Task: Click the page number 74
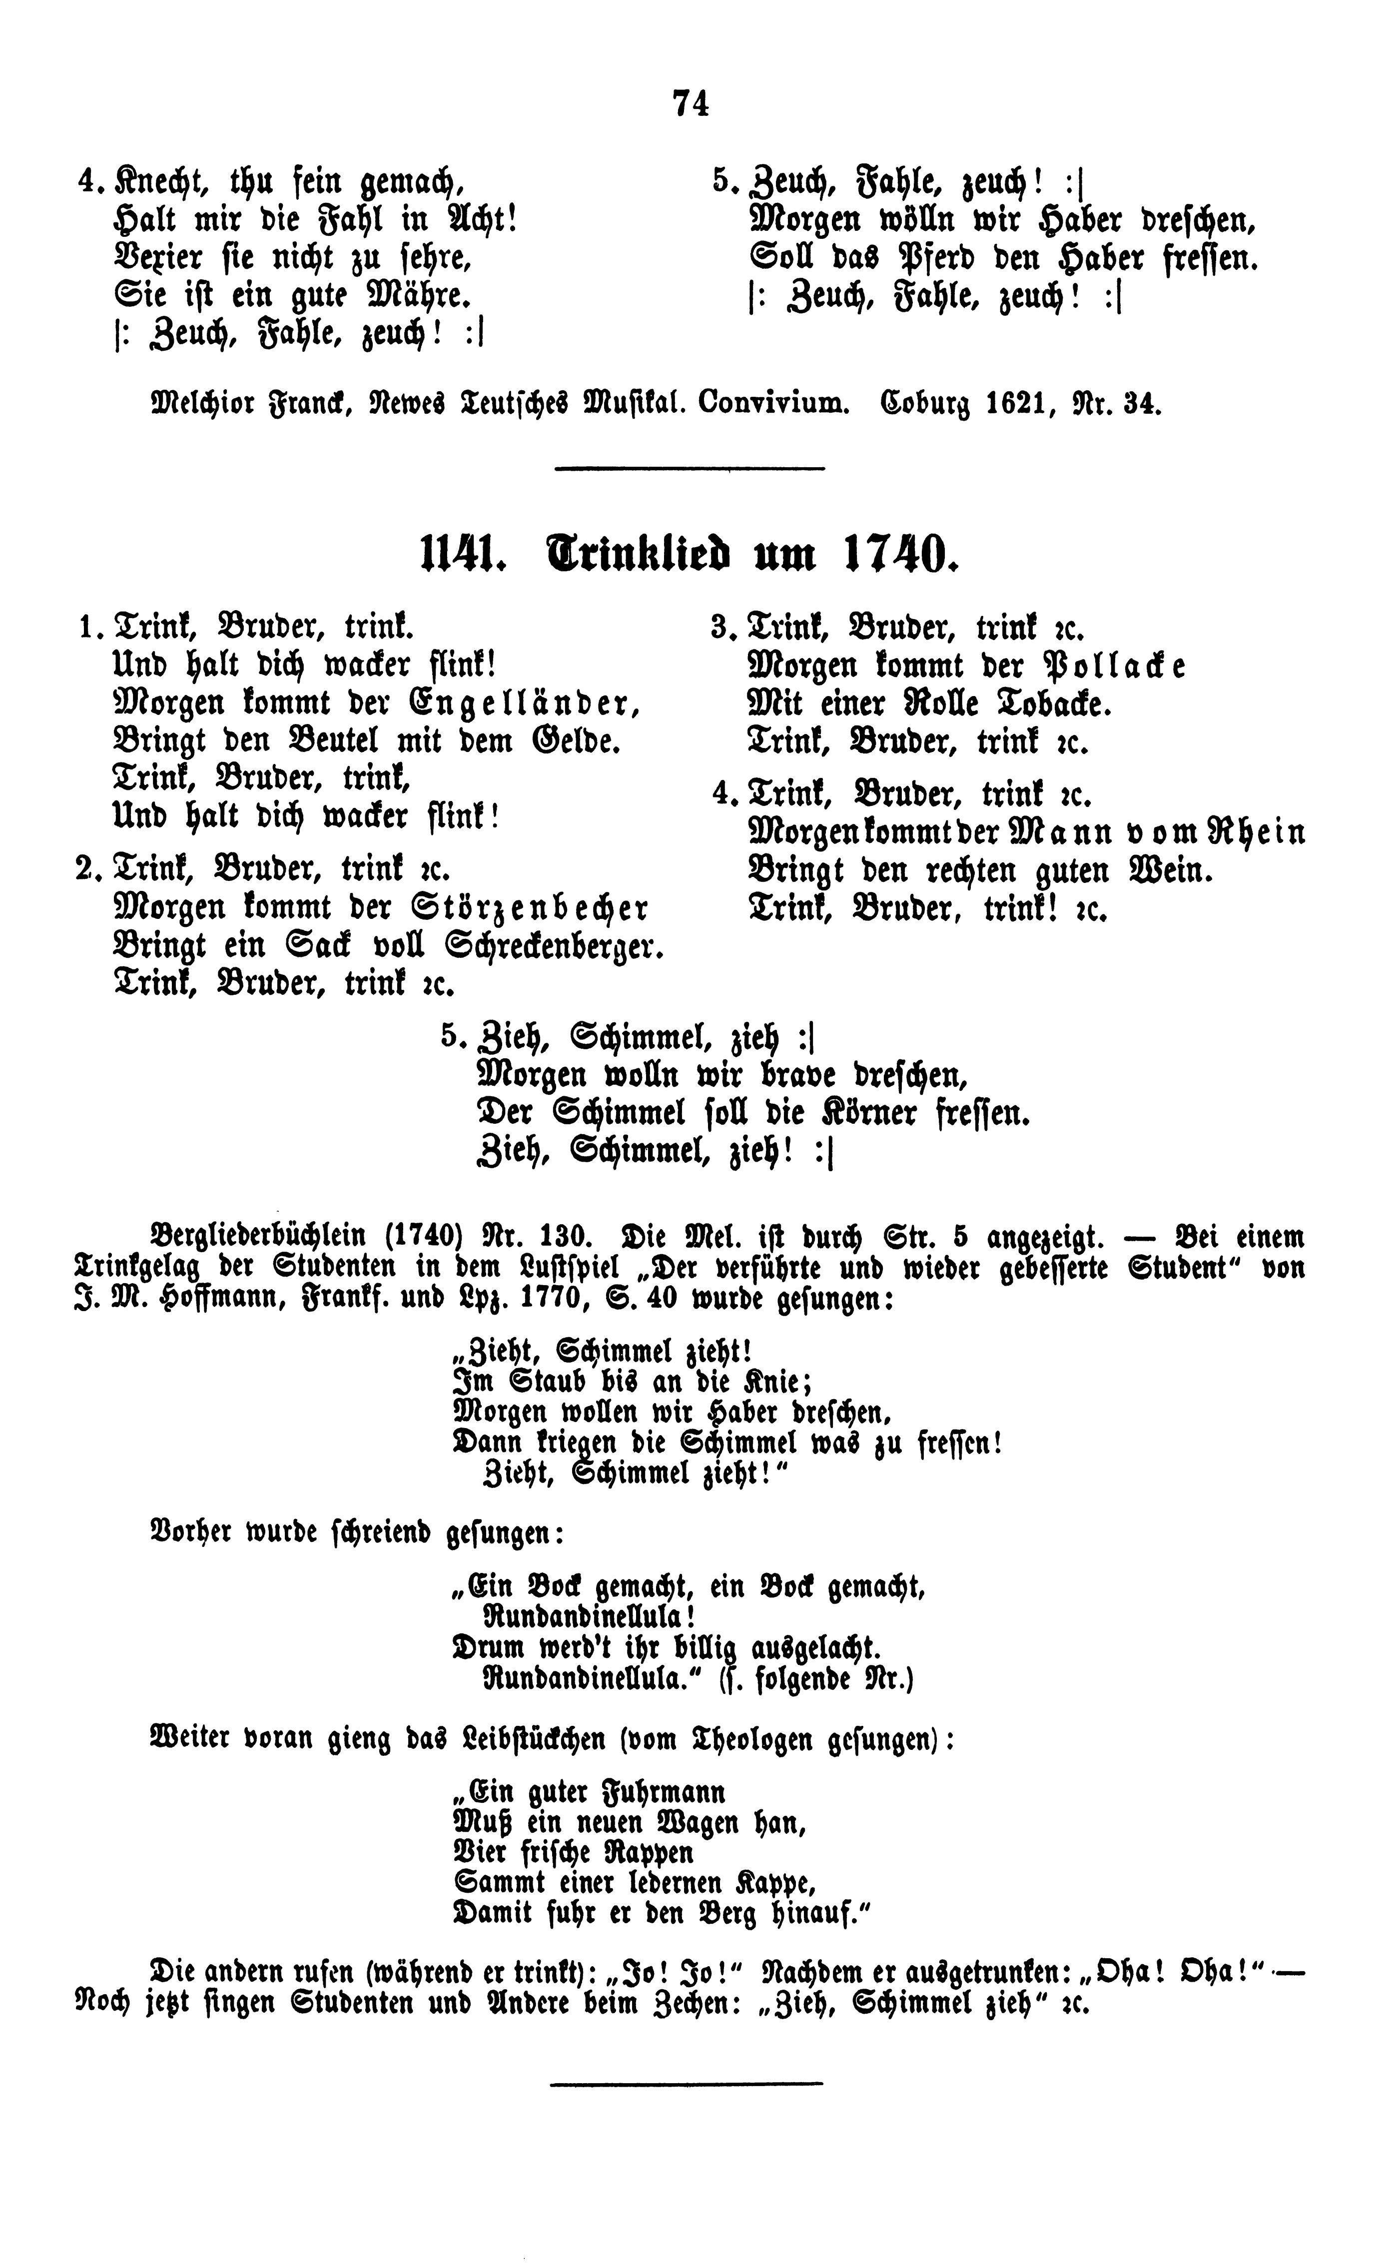coord(691,103)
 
